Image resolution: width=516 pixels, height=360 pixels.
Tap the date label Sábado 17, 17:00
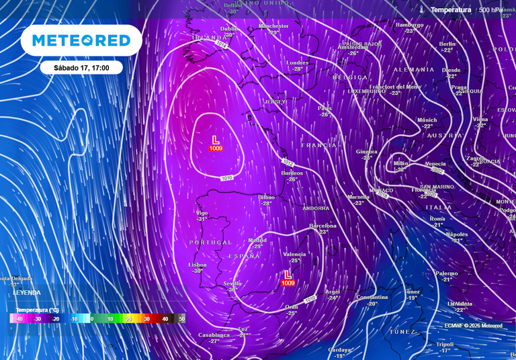[80, 68]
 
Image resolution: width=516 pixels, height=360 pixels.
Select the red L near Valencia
[288, 275]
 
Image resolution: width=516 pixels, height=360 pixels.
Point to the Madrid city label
[257, 240]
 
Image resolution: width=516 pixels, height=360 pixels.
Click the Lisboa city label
[198, 265]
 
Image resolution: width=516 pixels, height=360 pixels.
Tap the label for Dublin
[230, 29]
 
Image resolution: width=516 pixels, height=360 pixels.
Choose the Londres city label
[297, 62]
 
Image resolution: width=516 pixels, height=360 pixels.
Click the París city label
[325, 108]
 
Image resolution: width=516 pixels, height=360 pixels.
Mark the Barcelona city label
[322, 226]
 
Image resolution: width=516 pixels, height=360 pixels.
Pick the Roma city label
[437, 219]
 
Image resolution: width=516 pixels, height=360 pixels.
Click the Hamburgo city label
[410, 25]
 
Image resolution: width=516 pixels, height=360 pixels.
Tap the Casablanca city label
[214, 334]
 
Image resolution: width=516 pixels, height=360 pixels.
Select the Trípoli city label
[445, 344]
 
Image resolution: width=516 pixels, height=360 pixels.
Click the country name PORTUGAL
[210, 242]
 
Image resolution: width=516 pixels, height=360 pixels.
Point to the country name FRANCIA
[318, 145]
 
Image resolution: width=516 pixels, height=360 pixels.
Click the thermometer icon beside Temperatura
[421, 10]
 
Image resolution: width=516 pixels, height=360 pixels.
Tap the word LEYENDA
[27, 293]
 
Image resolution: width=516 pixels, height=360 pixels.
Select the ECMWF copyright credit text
[473, 326]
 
